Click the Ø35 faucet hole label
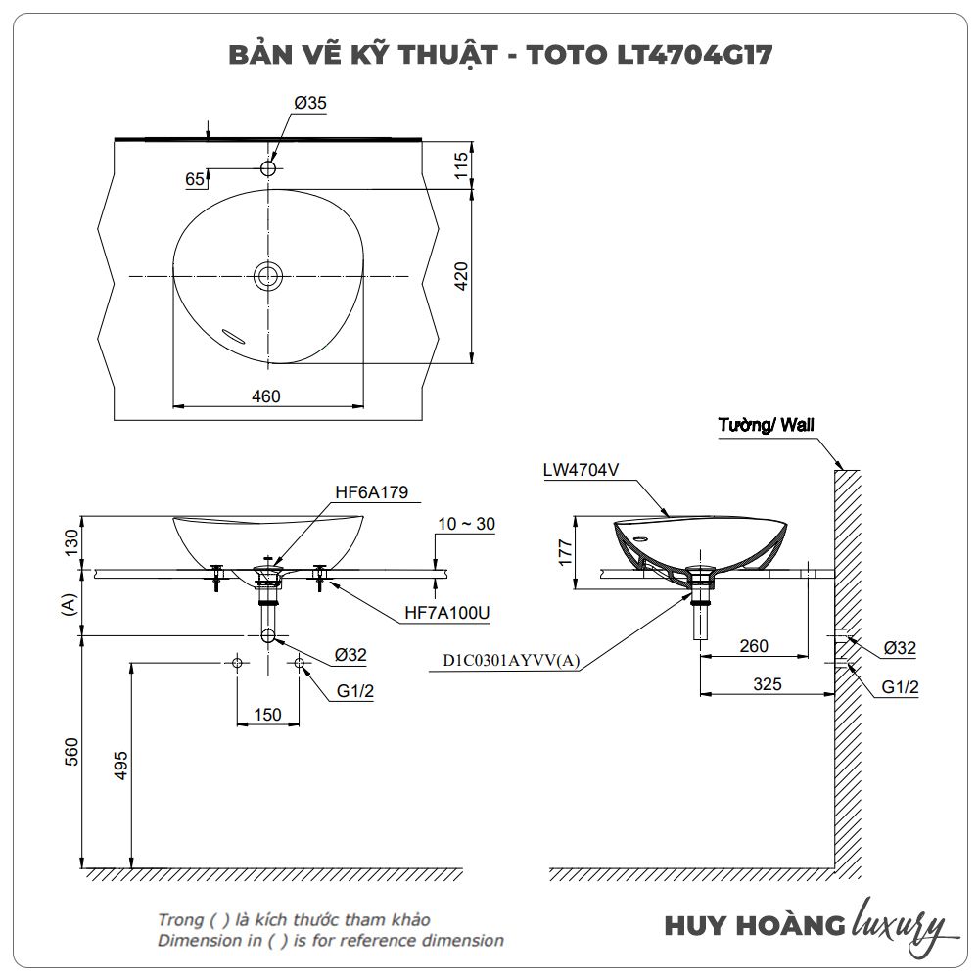click(x=310, y=103)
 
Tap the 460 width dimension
click(x=266, y=396)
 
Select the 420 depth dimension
click(x=461, y=276)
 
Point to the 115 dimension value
click(x=461, y=164)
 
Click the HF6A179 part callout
click(x=371, y=492)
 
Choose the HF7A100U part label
click(x=447, y=613)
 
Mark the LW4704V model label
click(x=581, y=470)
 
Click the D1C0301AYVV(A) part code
click(x=511, y=660)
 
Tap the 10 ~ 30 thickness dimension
click(x=466, y=524)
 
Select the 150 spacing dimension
click(x=268, y=715)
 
